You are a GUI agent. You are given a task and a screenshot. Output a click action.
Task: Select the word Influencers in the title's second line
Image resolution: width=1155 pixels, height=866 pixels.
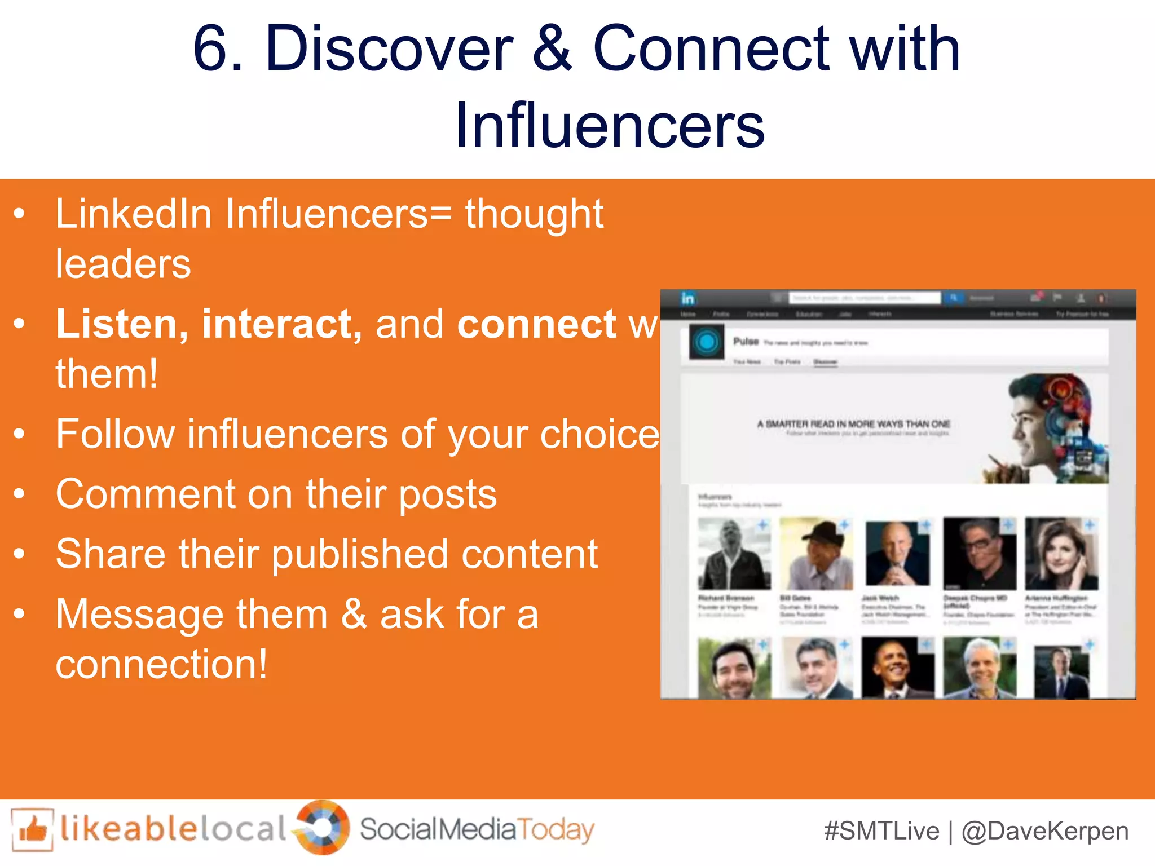[610, 125]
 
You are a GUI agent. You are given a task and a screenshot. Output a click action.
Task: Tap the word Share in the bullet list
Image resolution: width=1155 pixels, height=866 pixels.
[111, 554]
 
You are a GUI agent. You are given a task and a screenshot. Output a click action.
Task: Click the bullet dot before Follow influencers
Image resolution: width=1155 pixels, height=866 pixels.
[20, 434]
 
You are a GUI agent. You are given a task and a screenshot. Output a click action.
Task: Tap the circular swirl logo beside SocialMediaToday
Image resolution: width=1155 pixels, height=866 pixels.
[322, 827]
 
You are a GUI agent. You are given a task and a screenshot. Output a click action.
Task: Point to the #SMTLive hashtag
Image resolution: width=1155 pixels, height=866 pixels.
[881, 831]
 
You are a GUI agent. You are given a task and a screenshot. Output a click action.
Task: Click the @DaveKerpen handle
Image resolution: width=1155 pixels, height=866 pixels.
[1045, 831]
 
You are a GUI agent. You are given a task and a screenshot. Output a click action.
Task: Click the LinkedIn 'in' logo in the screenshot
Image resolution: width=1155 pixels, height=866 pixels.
[687, 298]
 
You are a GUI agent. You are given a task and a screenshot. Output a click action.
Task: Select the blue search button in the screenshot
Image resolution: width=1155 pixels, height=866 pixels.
[953, 298]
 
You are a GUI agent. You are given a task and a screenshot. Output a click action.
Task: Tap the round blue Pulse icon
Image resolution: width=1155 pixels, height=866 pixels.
[707, 342]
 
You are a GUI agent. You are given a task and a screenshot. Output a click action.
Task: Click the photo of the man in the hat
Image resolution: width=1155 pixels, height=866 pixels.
[816, 554]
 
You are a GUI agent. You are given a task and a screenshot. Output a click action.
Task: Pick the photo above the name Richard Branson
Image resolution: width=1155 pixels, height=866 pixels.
[734, 554]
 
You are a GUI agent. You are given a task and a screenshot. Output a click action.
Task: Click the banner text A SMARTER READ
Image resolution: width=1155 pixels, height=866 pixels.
[853, 424]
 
